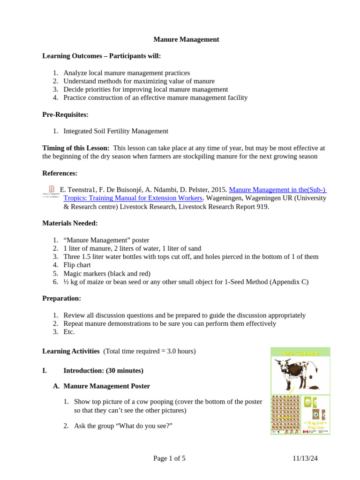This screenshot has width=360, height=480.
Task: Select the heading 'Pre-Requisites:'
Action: [65, 114]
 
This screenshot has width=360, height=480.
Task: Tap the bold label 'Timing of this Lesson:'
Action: [76, 148]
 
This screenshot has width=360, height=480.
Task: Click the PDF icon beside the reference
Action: [52, 189]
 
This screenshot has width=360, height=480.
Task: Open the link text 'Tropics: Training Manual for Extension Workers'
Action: [133, 198]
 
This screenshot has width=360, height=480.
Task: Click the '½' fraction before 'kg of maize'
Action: [66, 282]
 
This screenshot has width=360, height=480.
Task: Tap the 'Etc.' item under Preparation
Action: [69, 332]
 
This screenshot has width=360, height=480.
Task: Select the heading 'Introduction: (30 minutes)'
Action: [103, 370]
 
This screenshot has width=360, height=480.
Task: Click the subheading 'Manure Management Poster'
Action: [106, 386]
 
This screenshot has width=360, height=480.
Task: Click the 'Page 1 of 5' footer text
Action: [169, 458]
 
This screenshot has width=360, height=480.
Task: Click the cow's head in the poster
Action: [281, 364]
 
